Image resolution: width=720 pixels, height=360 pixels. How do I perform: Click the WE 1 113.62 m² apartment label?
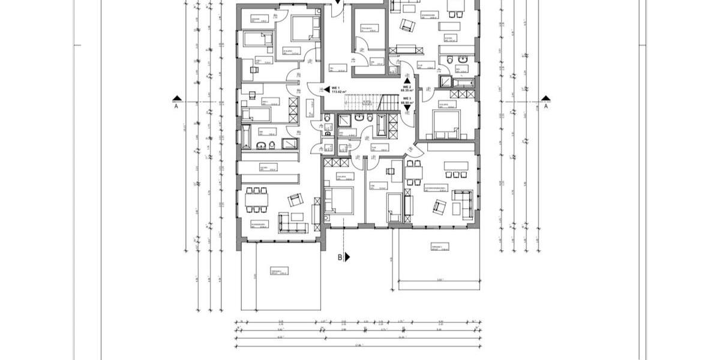click(339, 90)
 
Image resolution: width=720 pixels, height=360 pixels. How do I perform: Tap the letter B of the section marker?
click(340, 257)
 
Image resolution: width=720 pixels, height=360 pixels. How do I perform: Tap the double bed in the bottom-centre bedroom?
click(338, 200)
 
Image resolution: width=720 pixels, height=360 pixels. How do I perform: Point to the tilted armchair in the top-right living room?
click(407, 26)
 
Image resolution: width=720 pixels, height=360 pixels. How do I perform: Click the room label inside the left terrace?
click(277, 272)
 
